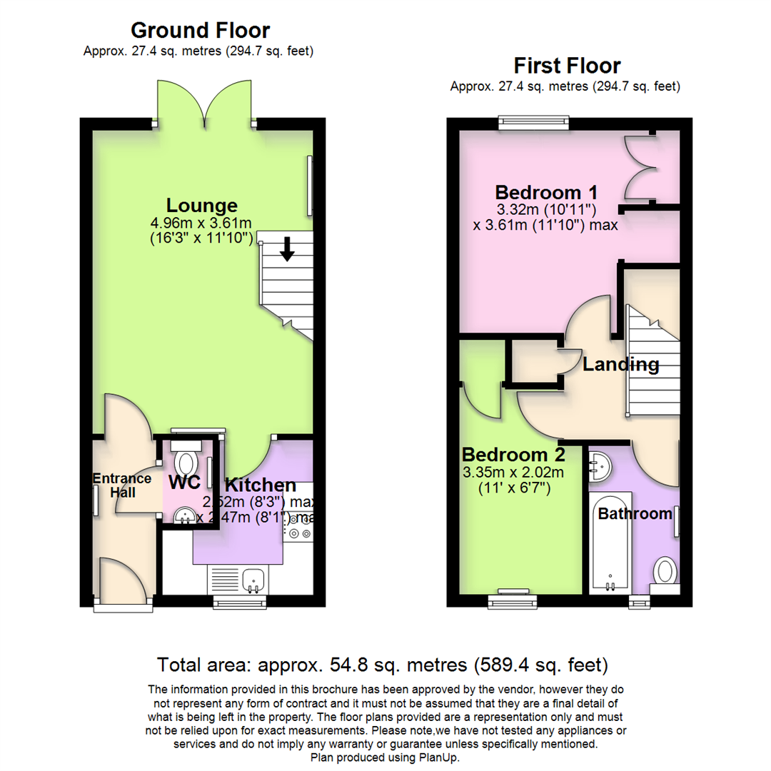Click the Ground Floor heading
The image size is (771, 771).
[x=200, y=31]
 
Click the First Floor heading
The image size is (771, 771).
[x=567, y=66]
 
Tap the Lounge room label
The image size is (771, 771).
[x=202, y=206]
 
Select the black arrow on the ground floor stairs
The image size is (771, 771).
[x=286, y=249]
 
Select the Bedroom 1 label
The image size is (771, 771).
[x=546, y=193]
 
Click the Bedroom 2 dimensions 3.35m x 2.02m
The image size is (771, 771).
[x=513, y=473]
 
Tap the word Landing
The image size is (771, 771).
[x=620, y=365]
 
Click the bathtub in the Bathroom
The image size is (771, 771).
[x=610, y=543]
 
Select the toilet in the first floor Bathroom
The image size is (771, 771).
[x=665, y=571]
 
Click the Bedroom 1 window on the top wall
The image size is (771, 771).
[x=534, y=122]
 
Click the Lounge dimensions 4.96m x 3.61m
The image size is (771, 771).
[x=202, y=223]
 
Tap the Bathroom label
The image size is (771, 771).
[x=635, y=513]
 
